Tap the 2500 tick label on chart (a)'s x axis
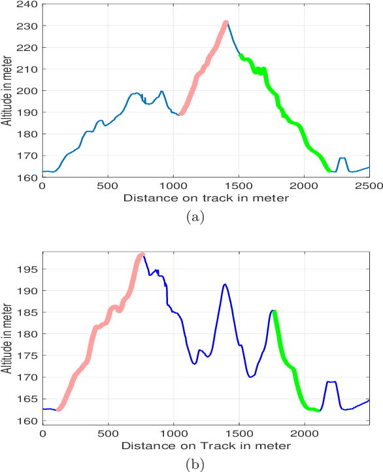click(369, 185)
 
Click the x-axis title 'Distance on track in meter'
click(205, 197)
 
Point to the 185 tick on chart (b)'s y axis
click(42, 312)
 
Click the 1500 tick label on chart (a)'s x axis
click(239, 185)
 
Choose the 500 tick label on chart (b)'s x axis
click(108, 433)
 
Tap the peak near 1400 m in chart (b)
click(225, 284)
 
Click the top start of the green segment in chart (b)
click(275, 312)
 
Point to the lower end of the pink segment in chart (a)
click(181, 114)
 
